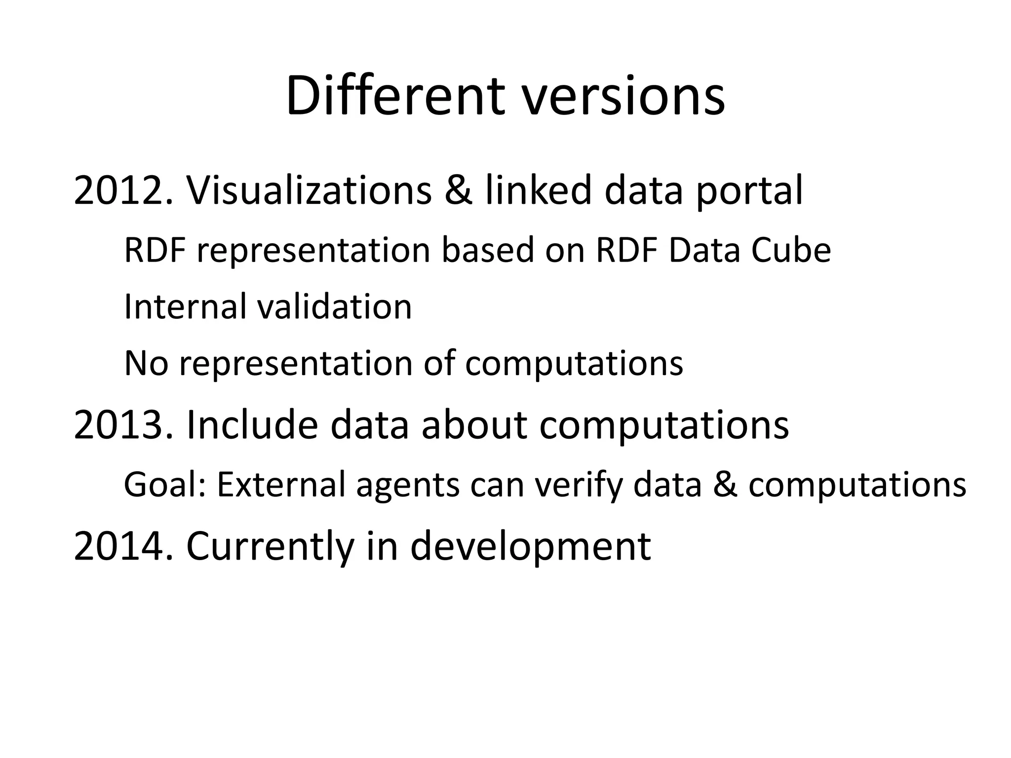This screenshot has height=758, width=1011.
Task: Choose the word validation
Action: [x=335, y=306]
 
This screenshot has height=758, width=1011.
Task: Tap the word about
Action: [x=474, y=425]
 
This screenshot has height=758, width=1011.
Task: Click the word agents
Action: [x=408, y=485]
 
